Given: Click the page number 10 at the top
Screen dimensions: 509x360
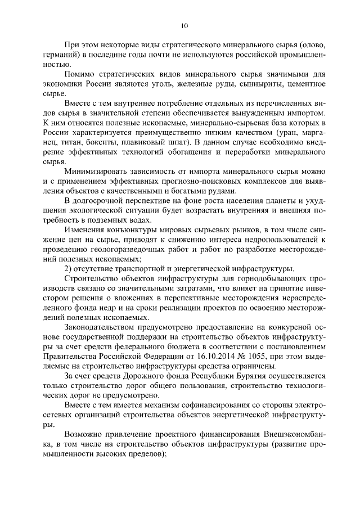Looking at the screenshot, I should (x=184, y=25).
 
